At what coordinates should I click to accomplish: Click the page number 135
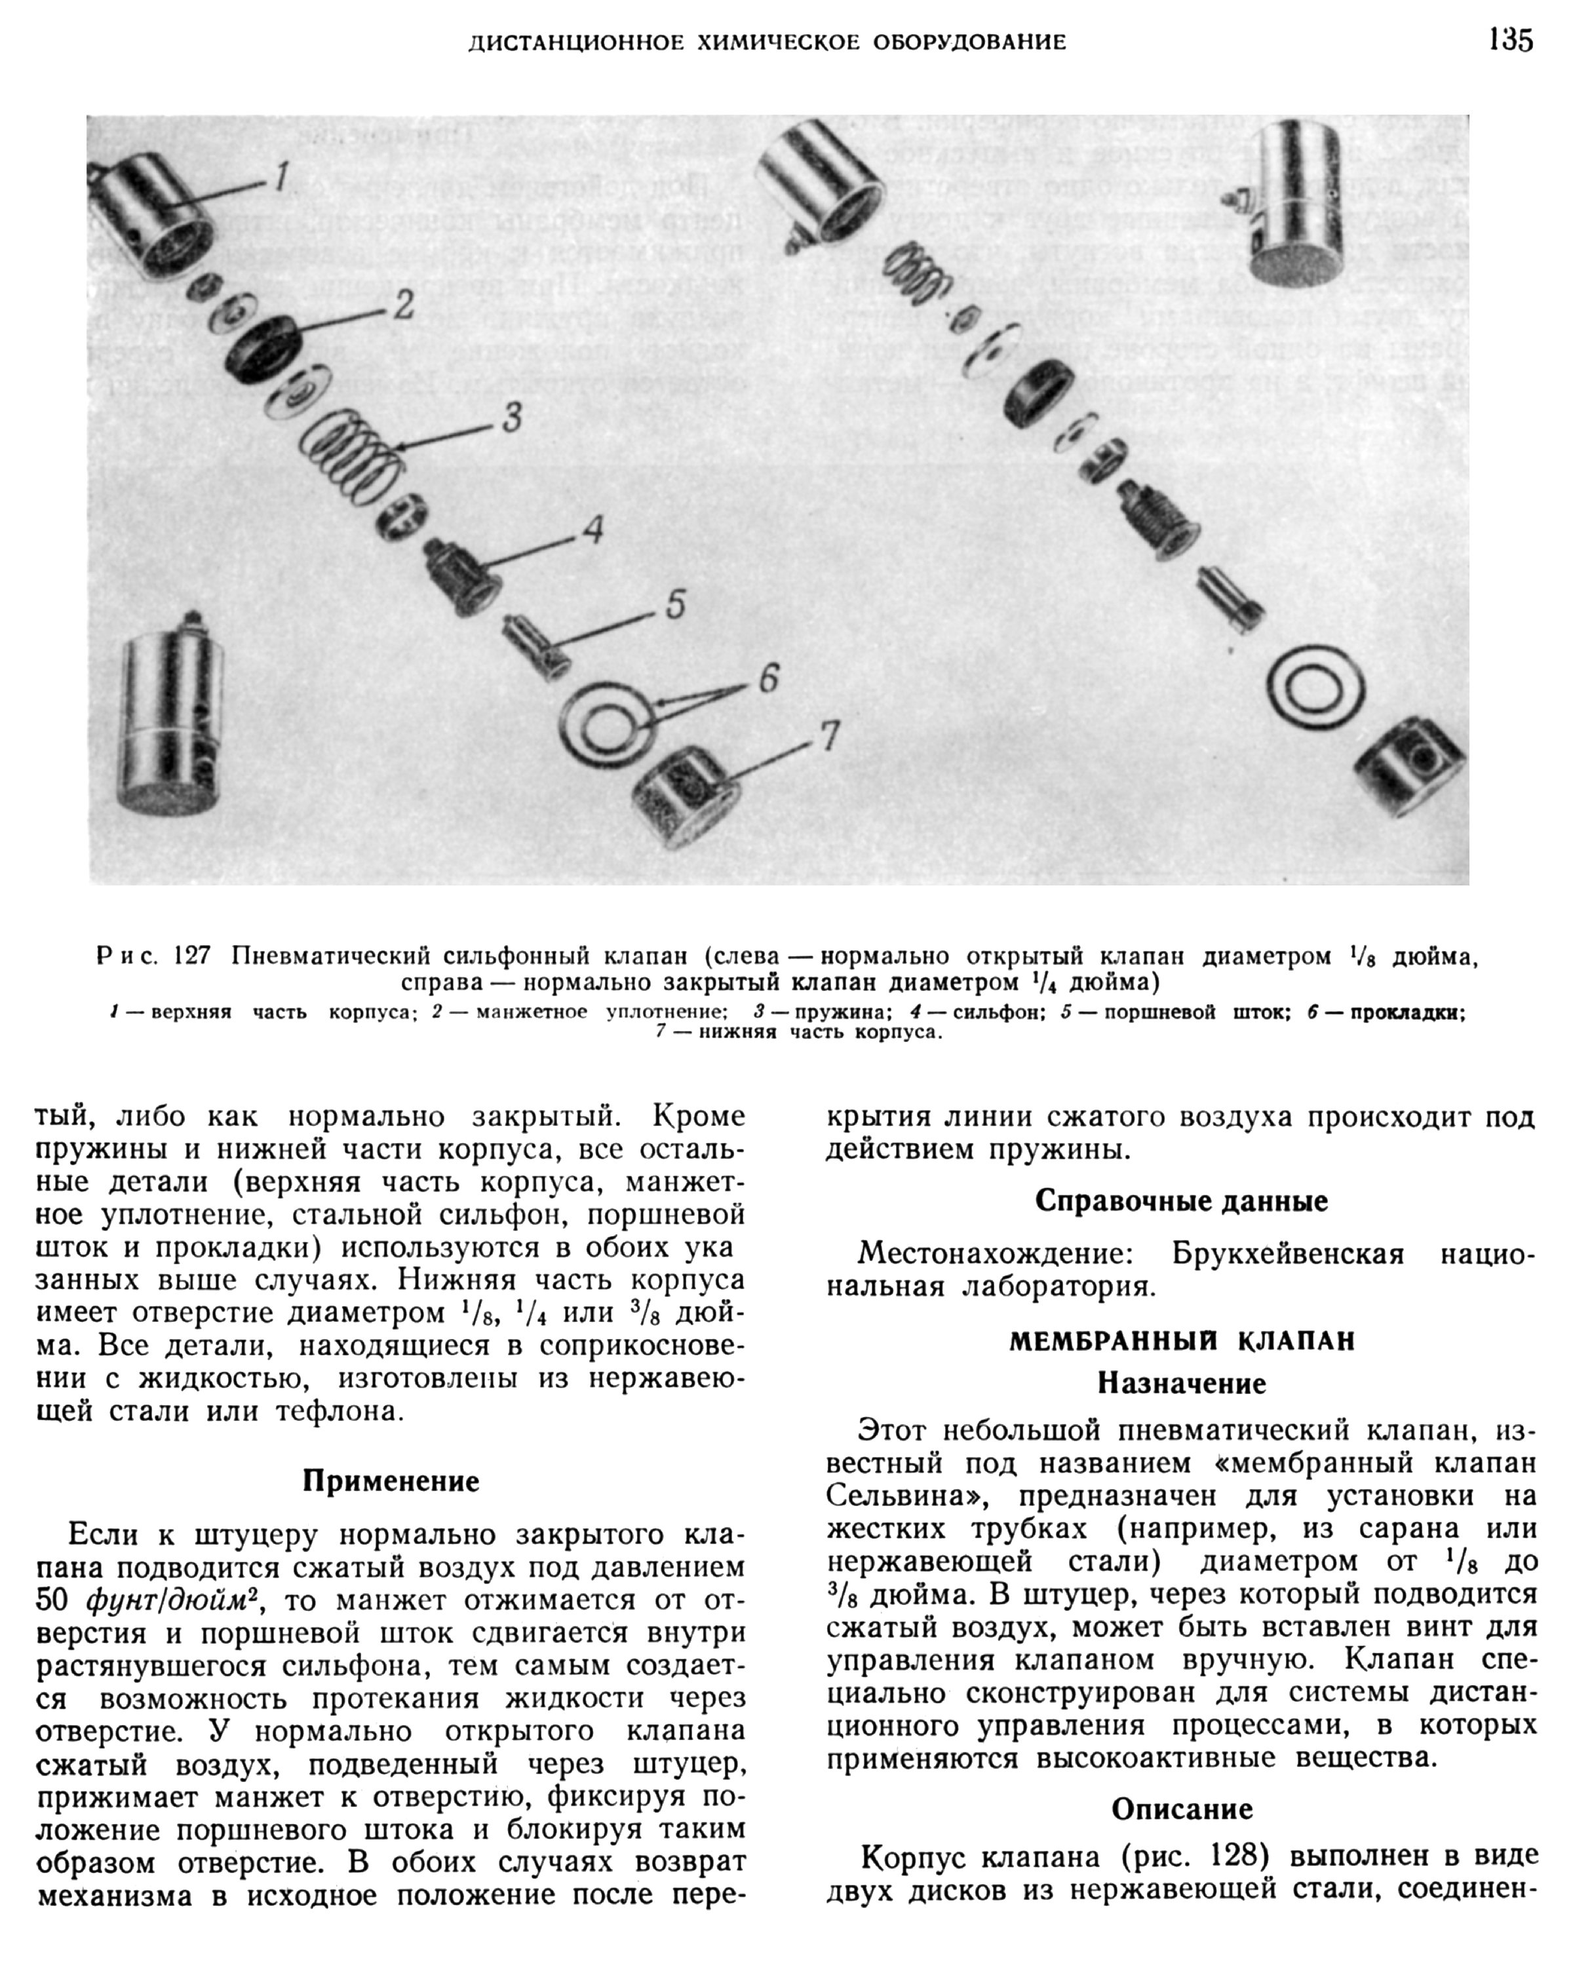pos(1509,41)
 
